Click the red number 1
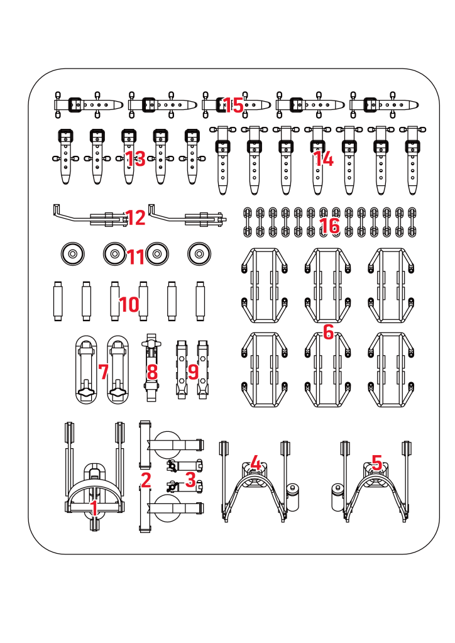[x=94, y=507]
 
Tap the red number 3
[x=190, y=479]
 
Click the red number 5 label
[x=376, y=463]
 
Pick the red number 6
[x=328, y=332]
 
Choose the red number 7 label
[x=104, y=371]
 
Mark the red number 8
[x=151, y=371]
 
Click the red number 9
[x=193, y=371]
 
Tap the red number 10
[x=129, y=305]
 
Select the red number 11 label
[x=136, y=256]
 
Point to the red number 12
[x=136, y=218]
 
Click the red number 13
[x=135, y=159]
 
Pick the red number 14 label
[x=323, y=159]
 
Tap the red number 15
[x=233, y=106]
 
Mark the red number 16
[x=329, y=226]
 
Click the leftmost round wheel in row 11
[x=72, y=255]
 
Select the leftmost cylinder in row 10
[x=58, y=301]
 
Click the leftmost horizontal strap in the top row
[x=86, y=104]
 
